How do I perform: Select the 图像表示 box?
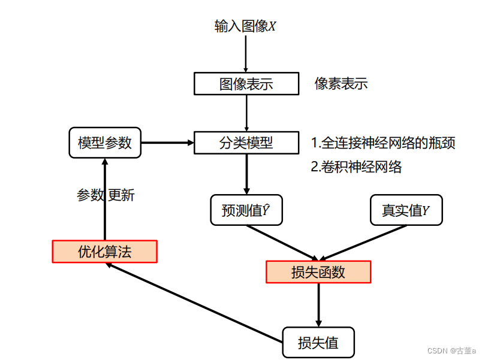[x=246, y=84]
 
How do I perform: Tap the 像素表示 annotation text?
[x=341, y=84]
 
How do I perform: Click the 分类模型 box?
[x=246, y=143]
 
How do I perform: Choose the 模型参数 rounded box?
[x=105, y=143]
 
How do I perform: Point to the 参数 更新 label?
[x=106, y=195]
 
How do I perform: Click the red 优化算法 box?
[x=104, y=252]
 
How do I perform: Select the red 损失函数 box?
[x=318, y=272]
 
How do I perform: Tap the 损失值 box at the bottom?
[x=318, y=343]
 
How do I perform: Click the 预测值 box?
[x=246, y=210]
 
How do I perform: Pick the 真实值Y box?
[x=406, y=210]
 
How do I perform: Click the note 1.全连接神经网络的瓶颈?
[x=383, y=143]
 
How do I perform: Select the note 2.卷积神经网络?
[x=356, y=167]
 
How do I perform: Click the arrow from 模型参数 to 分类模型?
[x=167, y=143]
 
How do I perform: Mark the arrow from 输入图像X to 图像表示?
[x=246, y=54]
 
